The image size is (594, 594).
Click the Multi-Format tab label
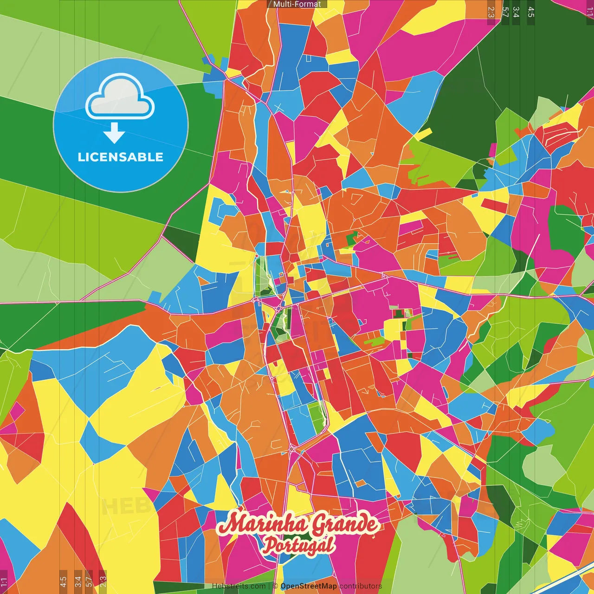tap(297, 4)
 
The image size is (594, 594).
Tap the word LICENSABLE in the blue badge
tap(121, 157)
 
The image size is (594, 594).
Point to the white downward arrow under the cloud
tap(114, 133)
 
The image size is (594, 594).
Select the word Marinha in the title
tap(263, 524)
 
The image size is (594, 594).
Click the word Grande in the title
tap(344, 524)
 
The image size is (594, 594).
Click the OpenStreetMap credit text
tap(309, 586)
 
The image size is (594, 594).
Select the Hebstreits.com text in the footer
tap(239, 586)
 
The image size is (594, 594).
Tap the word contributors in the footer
tap(361, 586)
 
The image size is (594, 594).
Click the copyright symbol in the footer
tap(275, 586)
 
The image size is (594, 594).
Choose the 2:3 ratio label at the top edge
tap(491, 12)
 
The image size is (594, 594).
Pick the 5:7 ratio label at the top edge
tap(505, 12)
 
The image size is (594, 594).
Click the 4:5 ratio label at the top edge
tap(531, 12)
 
